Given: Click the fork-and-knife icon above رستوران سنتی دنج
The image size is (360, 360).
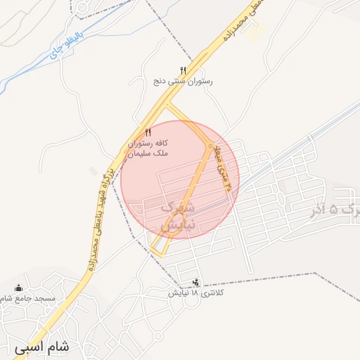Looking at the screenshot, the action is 183,70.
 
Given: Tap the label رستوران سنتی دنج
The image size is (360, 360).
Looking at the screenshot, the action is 183,82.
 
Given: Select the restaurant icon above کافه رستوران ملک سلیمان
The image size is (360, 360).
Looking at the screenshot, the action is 148,132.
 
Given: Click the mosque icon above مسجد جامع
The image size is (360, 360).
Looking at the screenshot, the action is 18,288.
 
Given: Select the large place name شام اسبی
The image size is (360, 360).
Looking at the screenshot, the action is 41,347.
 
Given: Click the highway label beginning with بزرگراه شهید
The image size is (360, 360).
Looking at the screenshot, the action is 98,211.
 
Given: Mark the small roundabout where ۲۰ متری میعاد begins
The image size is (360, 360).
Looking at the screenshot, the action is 210,146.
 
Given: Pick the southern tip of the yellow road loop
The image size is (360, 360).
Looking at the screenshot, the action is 157,251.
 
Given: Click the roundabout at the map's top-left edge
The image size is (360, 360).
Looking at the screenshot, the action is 82,8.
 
